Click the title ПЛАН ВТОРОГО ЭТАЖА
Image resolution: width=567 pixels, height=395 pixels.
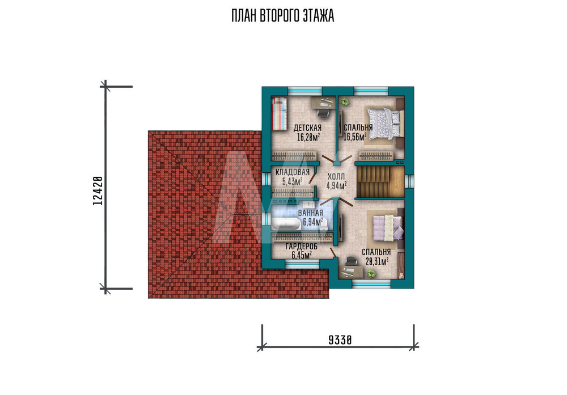click(283, 16)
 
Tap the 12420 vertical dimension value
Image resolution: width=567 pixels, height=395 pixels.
click(98, 191)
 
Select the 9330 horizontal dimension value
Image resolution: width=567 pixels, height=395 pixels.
click(340, 340)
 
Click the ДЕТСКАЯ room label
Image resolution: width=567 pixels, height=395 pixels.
click(307, 128)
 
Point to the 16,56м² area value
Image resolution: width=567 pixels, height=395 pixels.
click(355, 136)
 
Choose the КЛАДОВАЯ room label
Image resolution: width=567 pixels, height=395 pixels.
click(293, 172)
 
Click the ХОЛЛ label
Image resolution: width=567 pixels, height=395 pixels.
click(336, 177)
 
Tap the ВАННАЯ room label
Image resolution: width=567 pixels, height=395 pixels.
click(310, 213)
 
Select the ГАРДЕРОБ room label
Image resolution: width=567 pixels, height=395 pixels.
click(302, 247)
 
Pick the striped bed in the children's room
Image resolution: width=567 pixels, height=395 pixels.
click(279, 113)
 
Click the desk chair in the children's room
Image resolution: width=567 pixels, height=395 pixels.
click(323, 113)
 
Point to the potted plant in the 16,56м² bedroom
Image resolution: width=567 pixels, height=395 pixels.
click(344, 102)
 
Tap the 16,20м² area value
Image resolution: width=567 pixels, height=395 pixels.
click(308, 137)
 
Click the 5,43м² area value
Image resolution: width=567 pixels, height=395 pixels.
click(292, 181)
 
